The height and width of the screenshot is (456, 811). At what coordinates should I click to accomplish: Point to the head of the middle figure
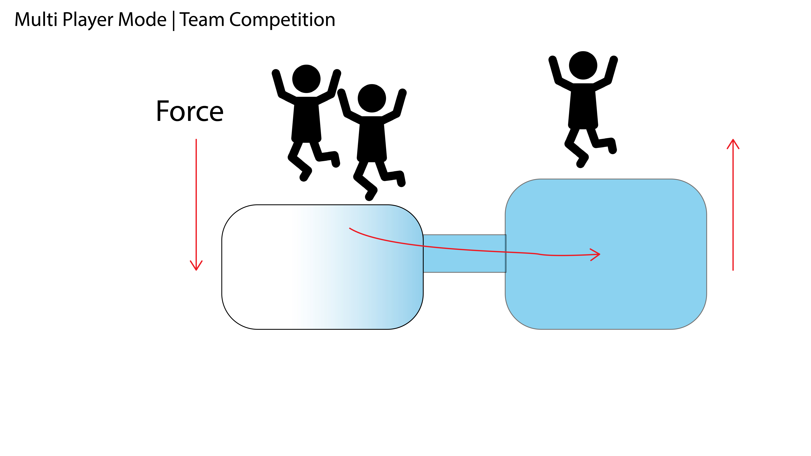[372, 98]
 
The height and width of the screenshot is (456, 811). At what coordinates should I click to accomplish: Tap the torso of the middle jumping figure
[372, 138]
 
